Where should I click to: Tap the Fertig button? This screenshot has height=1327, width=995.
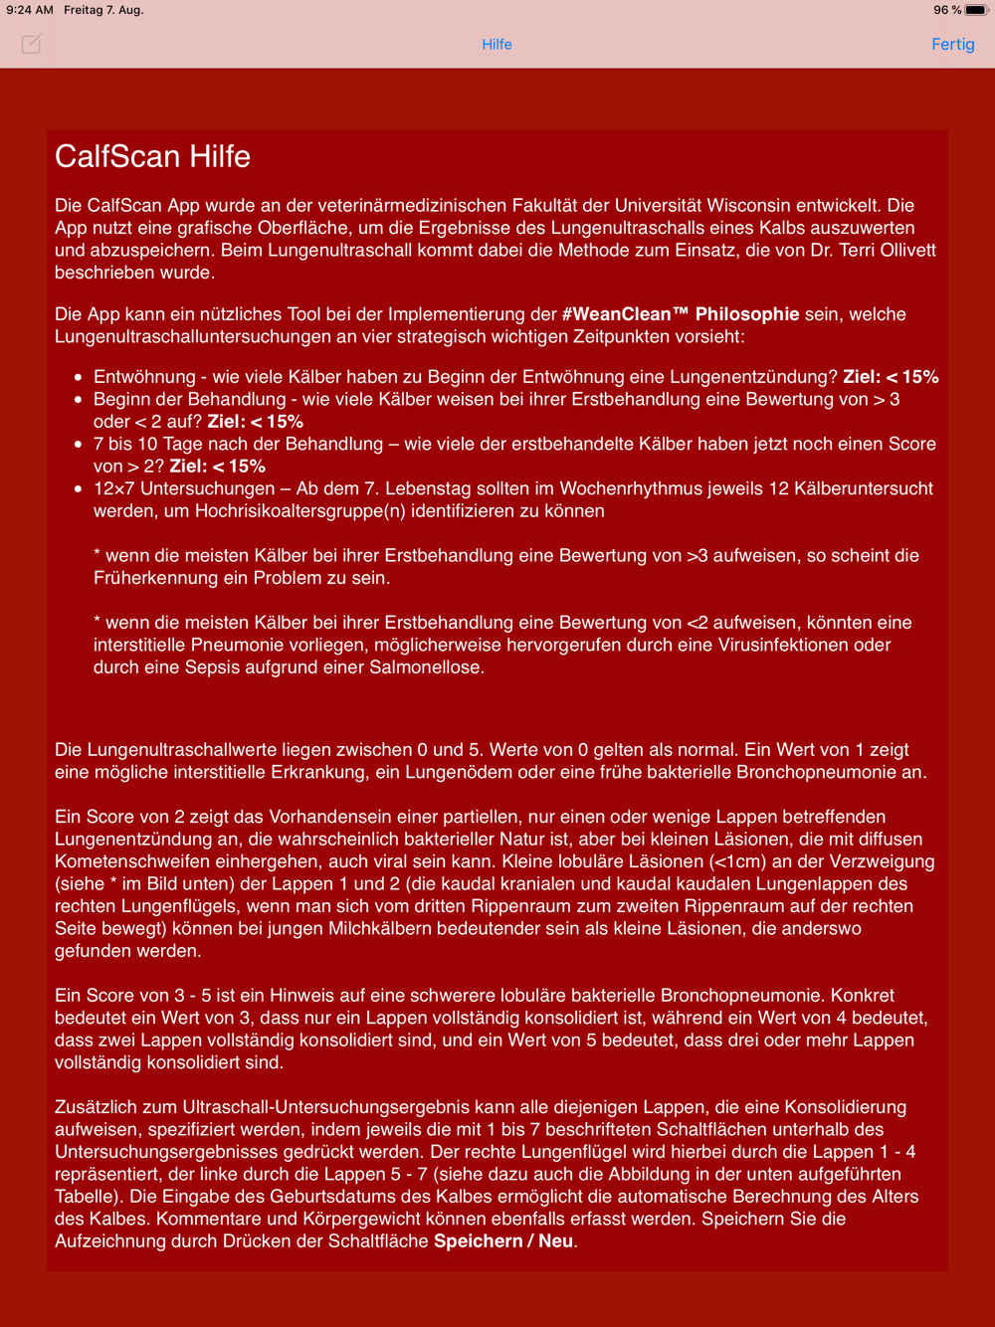click(952, 44)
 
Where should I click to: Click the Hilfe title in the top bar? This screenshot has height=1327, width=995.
click(497, 44)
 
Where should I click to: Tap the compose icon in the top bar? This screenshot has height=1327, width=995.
click(32, 44)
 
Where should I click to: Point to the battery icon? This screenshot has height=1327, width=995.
click(975, 10)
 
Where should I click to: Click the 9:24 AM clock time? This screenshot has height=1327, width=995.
click(30, 10)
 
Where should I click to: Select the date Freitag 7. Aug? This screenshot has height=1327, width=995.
click(104, 10)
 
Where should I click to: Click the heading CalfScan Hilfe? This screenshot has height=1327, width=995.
click(152, 156)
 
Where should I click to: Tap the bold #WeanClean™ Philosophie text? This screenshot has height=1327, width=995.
click(681, 314)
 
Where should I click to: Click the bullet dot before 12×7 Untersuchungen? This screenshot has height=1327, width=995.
click(79, 489)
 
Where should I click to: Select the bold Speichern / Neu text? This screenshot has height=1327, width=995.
click(503, 1241)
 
